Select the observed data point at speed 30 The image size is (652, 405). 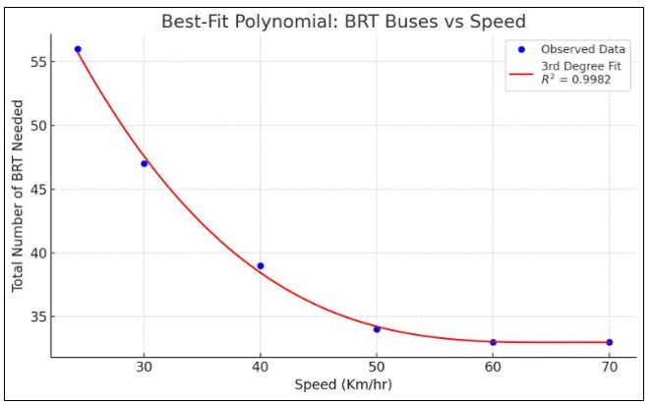pos(145,163)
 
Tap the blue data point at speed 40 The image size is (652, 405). pos(261,265)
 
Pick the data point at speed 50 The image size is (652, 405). pos(377,329)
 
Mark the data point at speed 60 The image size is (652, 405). pos(493,342)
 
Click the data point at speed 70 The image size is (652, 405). pos(609,342)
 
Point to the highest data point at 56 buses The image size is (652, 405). pos(78,49)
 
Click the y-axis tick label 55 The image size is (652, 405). pos(36,61)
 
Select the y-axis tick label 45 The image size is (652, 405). pos(36,189)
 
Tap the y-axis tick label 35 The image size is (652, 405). pos(36,317)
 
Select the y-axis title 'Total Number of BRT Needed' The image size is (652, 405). pos(17,195)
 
